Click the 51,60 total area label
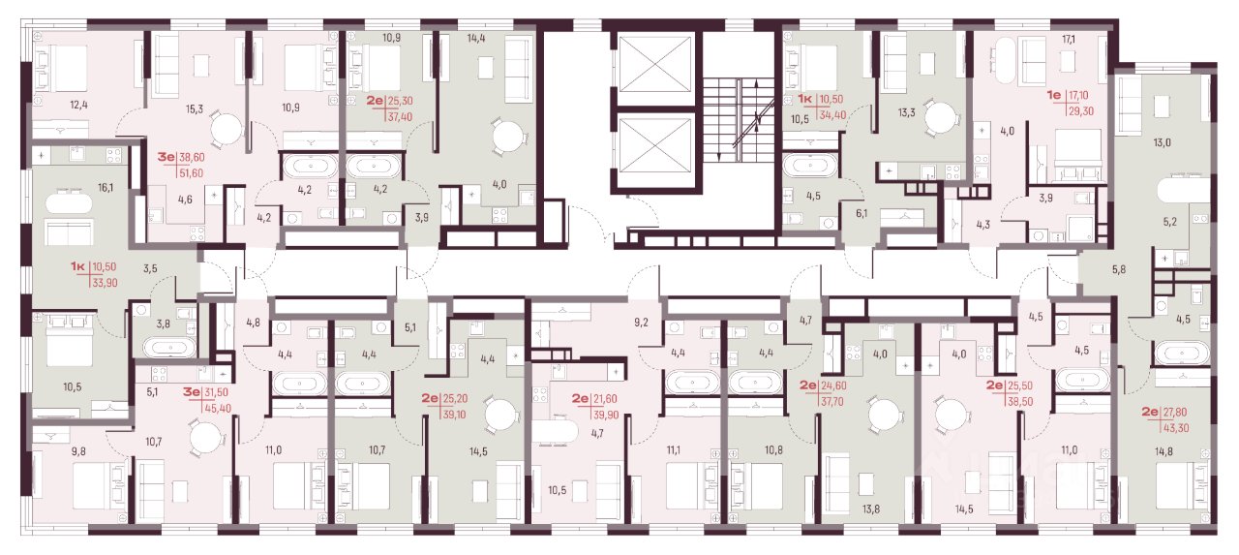click(x=191, y=173)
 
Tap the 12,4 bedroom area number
click(x=79, y=105)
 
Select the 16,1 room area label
click(x=106, y=188)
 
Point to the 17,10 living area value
click(x=1076, y=96)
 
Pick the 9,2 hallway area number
click(x=641, y=322)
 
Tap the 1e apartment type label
click(x=1054, y=95)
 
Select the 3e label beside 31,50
click(x=192, y=391)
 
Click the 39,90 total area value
click(x=605, y=415)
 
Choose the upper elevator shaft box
click(x=655, y=63)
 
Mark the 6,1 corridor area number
click(x=861, y=213)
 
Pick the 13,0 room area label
click(x=1162, y=142)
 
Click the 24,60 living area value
click(x=834, y=385)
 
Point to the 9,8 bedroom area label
click(x=78, y=451)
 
